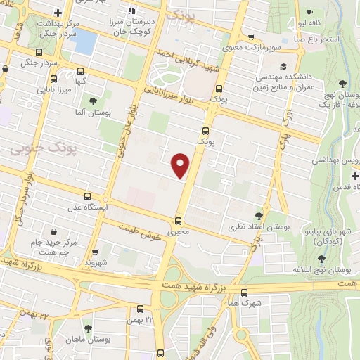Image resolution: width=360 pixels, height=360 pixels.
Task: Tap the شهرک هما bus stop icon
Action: (x=244, y=292)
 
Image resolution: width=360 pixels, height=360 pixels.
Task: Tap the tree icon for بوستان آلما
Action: (x=93, y=101)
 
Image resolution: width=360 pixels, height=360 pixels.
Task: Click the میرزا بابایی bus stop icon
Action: (x=81, y=72)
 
